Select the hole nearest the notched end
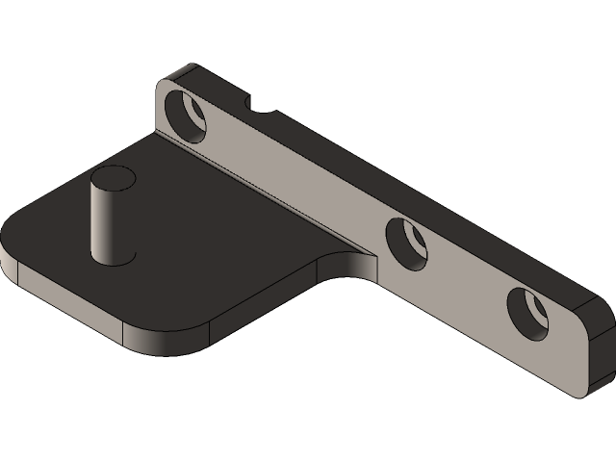(187, 115)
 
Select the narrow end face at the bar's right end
(599, 346)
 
